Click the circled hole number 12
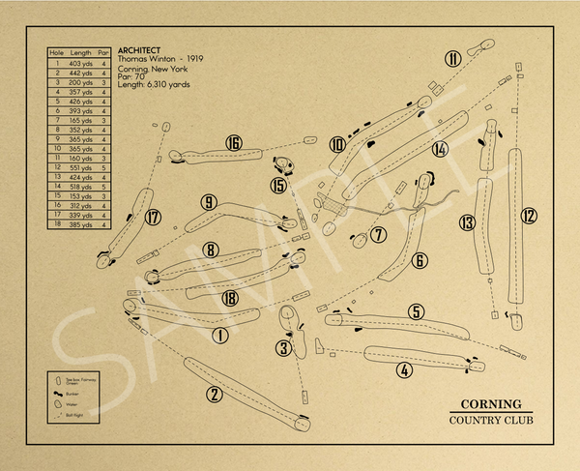pyautogui.click(x=529, y=215)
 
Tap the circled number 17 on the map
pyautogui.click(x=152, y=218)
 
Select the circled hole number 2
pyautogui.click(x=215, y=394)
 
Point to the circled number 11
pyautogui.click(x=452, y=58)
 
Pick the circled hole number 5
pyautogui.click(x=416, y=311)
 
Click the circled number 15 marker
pyautogui.click(x=279, y=185)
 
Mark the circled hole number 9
pyautogui.click(x=208, y=202)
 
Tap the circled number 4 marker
pyautogui.click(x=404, y=368)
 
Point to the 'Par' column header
pyautogui.click(x=104, y=53)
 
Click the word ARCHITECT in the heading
pyautogui.click(x=138, y=50)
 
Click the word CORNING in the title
pyautogui.click(x=490, y=404)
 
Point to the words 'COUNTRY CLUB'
pyautogui.click(x=490, y=419)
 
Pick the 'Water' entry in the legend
pyautogui.click(x=77, y=404)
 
